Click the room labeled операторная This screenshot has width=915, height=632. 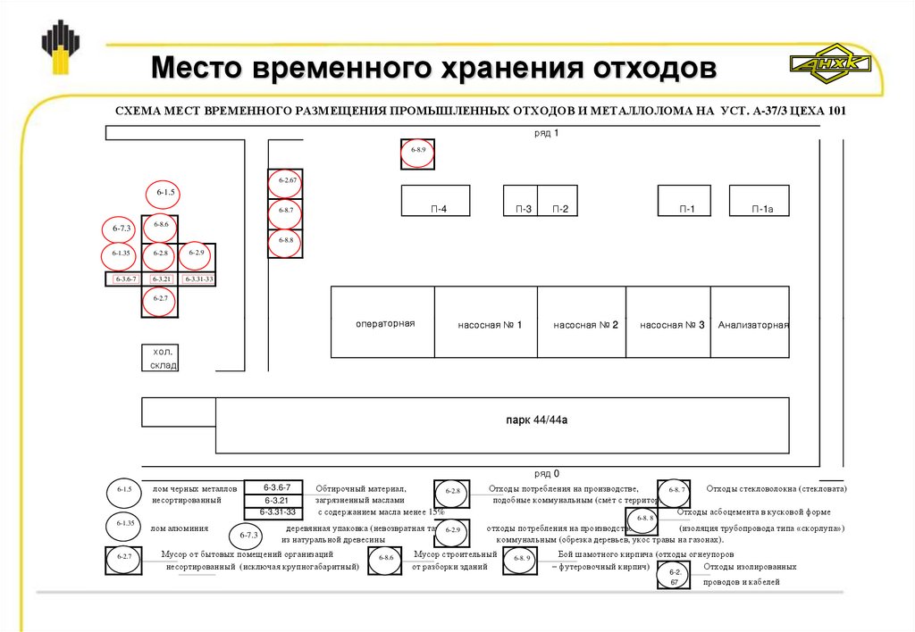(385, 323)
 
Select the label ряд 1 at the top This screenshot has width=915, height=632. (544, 133)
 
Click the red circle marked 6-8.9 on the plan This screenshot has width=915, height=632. (417, 152)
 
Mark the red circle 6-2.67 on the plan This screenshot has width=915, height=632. (287, 182)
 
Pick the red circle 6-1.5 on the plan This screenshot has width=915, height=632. (166, 193)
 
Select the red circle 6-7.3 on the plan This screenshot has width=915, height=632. (122, 229)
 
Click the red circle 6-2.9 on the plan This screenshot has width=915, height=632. (197, 254)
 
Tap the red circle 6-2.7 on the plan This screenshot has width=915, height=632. (160, 299)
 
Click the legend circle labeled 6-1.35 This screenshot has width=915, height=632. (123, 524)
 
